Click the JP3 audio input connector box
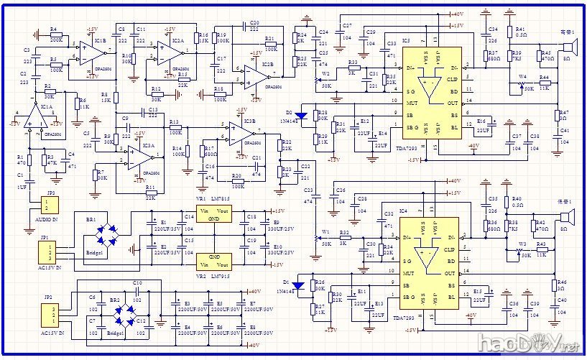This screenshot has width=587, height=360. tap(51, 206)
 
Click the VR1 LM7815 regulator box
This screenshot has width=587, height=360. tap(213, 216)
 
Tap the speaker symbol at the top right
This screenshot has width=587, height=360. tap(569, 48)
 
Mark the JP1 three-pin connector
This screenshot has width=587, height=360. tap(47, 252)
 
